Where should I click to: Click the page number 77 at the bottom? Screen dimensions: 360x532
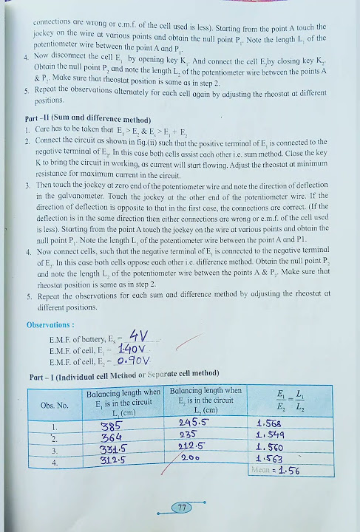[x=180, y=508]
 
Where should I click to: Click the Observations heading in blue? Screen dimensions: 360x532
[x=51, y=324]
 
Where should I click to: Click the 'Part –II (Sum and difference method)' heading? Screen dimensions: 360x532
[x=88, y=120]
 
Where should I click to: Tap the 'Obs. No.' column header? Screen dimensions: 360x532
[x=53, y=405]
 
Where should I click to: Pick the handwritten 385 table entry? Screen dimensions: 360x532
[x=111, y=426]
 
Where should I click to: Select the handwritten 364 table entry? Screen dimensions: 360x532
[x=111, y=437]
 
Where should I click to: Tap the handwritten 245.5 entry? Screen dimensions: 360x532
[x=194, y=423]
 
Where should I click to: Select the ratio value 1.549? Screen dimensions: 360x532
[x=269, y=436]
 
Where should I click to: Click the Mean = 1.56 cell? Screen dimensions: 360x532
[x=275, y=470]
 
